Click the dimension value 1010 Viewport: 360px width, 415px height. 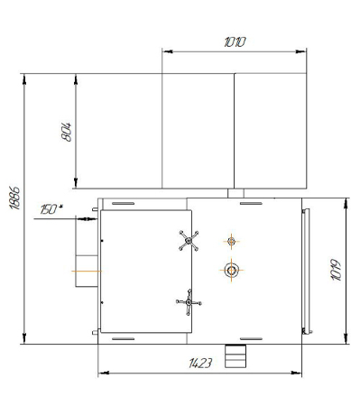[235, 41]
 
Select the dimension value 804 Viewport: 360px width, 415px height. [67, 132]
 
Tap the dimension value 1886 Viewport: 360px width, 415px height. [15, 198]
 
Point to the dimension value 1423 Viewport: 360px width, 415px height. [200, 363]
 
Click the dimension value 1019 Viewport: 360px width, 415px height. [337, 270]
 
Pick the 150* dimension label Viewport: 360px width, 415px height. [51, 209]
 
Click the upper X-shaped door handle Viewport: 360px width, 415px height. [189, 241]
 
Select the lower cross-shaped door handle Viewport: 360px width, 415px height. [189, 302]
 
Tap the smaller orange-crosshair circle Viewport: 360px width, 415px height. [231, 241]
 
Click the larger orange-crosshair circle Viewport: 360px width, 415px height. [231, 270]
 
